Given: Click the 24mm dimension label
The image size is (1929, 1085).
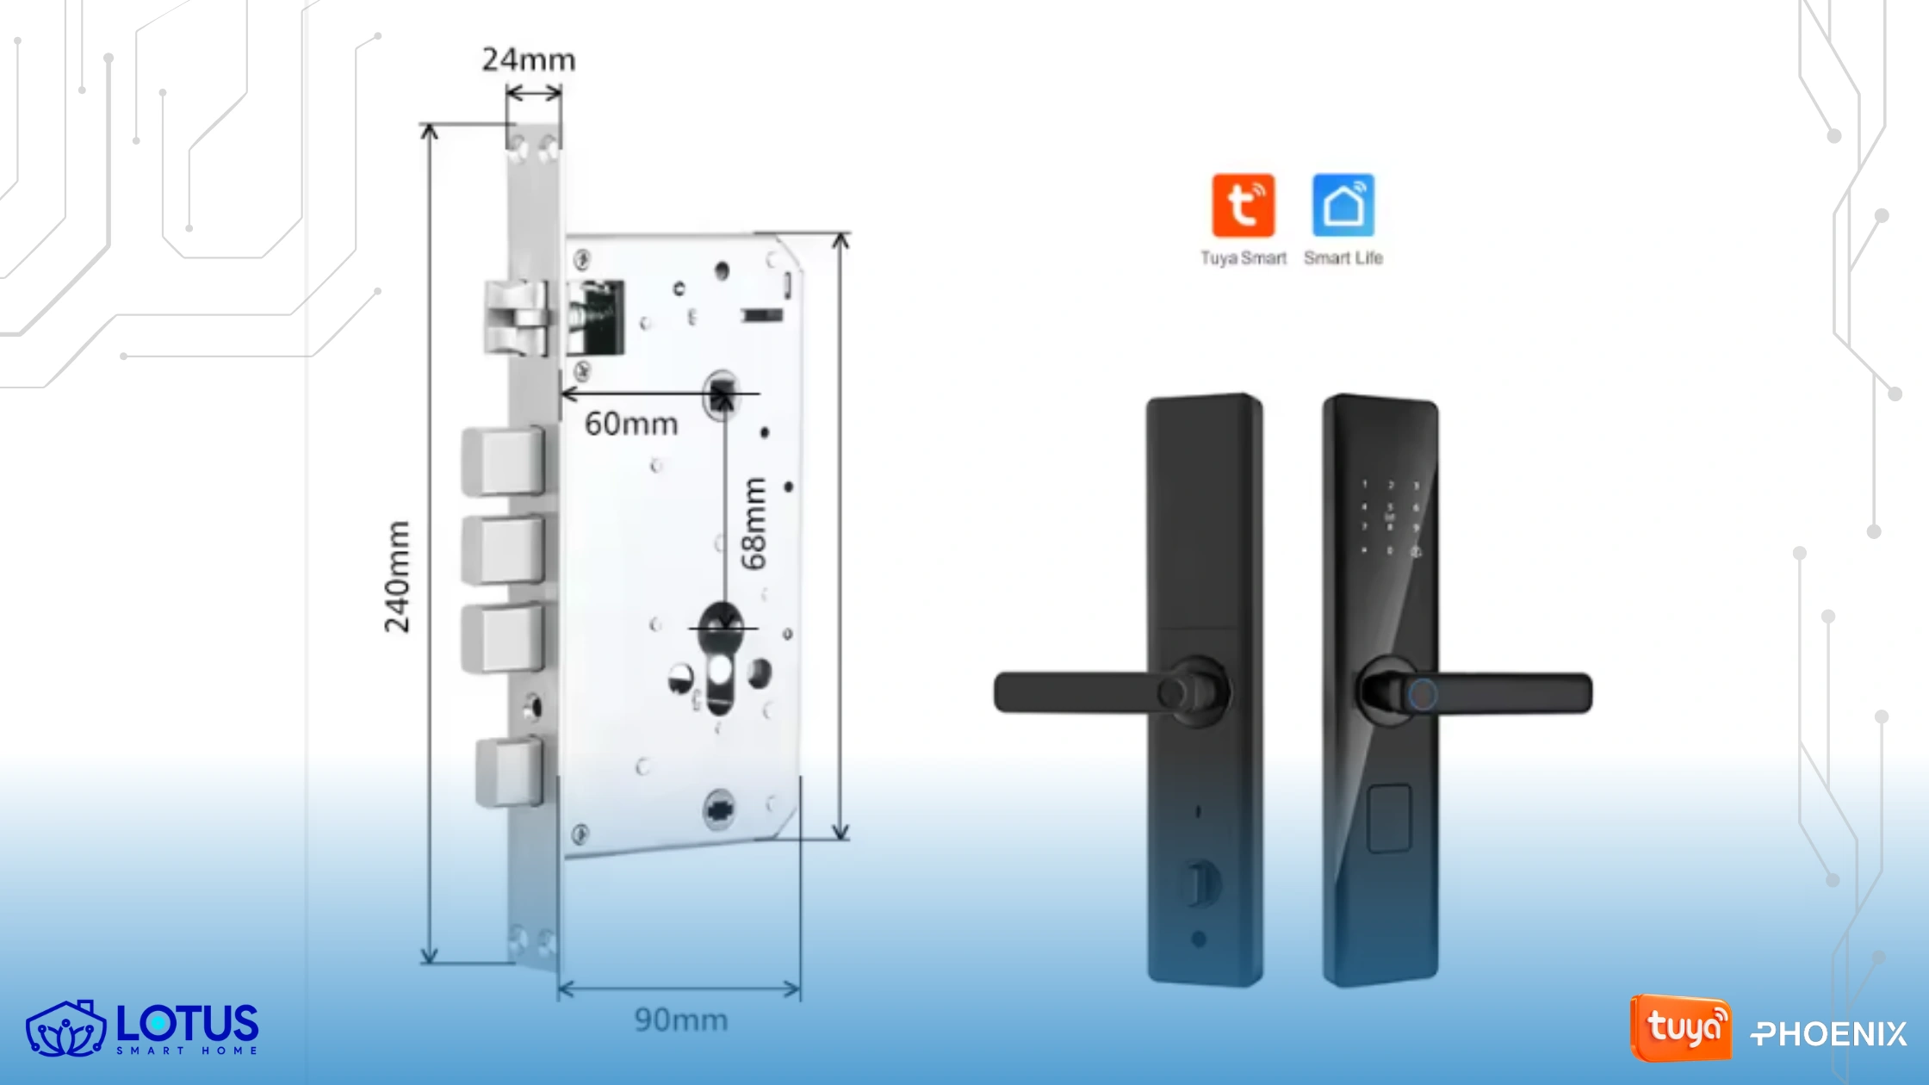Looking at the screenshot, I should coord(528,60).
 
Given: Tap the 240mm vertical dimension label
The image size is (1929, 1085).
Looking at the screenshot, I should coord(397,577).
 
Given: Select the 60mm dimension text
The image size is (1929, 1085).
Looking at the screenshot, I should coord(631,424).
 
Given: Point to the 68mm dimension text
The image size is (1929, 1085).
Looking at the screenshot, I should coord(754,524).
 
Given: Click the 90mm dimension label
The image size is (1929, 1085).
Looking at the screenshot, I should coord(680,1020).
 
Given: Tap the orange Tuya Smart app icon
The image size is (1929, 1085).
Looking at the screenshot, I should coord(1243,206).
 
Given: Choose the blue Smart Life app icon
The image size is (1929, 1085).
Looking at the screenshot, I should coord(1343,206).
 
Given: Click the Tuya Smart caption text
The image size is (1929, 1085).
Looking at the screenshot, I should coord(1243,258).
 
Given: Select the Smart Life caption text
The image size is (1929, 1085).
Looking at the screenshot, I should coord(1343,258).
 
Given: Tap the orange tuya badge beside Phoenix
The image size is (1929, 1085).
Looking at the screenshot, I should coord(1680,1028).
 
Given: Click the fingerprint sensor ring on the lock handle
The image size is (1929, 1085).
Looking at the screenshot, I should coord(1422,694).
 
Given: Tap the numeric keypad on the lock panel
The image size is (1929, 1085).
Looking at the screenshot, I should coord(1390,518).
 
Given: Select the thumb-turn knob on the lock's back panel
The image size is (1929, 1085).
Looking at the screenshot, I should coord(1198,882).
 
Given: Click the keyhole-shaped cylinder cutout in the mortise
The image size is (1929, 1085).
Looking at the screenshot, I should coord(720,680).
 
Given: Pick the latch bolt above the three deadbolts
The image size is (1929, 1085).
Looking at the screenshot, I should coord(515,318).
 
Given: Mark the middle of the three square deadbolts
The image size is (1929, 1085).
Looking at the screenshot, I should coord(504,549).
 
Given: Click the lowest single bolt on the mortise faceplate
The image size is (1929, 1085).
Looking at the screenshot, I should coord(509,771).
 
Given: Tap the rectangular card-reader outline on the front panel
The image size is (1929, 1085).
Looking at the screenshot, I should coord(1389,818).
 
